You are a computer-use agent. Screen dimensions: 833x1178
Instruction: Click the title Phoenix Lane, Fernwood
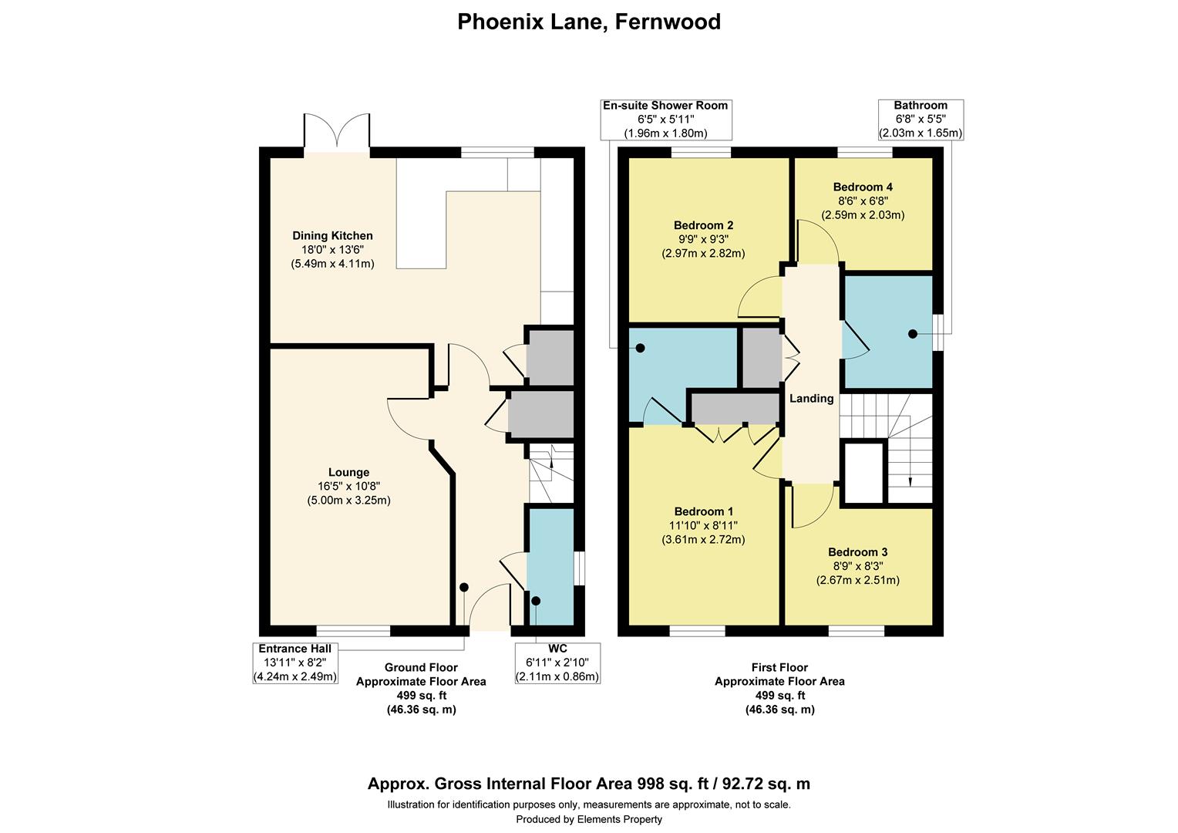[x=589, y=22]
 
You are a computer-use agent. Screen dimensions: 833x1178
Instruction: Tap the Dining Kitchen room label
[x=332, y=236]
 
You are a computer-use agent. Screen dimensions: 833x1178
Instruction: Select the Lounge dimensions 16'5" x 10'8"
[x=348, y=486]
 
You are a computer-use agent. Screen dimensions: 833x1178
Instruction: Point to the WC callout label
[x=557, y=649]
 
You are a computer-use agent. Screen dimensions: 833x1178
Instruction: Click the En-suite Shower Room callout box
[x=665, y=120]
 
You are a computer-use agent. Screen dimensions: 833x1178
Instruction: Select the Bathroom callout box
[x=921, y=120]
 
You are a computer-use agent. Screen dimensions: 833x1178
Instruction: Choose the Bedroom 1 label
[x=703, y=511]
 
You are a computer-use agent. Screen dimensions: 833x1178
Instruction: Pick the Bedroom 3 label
[x=857, y=552]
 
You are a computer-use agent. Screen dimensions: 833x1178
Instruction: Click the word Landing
[x=811, y=399]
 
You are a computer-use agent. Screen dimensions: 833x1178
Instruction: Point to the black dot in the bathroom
[x=912, y=334]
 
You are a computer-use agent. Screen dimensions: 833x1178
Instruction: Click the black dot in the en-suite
[x=640, y=349]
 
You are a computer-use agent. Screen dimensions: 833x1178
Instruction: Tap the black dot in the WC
[x=536, y=601]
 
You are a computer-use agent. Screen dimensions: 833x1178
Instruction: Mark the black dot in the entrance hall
[x=464, y=587]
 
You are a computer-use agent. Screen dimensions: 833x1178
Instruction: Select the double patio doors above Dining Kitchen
[x=337, y=133]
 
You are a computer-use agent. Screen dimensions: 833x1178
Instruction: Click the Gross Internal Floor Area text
[x=589, y=784]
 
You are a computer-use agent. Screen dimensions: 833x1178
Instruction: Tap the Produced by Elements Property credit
[x=589, y=819]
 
